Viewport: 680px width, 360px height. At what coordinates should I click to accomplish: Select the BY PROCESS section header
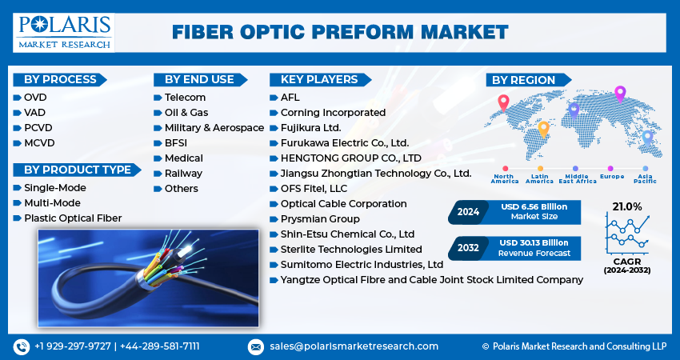coord(60,79)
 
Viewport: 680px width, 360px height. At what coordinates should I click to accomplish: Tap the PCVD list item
coord(39,127)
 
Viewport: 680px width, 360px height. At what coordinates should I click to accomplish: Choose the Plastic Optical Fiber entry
coord(73,218)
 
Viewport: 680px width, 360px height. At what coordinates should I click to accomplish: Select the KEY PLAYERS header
coord(314,79)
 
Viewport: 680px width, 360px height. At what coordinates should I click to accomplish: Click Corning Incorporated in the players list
coord(333,113)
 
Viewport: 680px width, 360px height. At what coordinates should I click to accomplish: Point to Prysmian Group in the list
coord(320,219)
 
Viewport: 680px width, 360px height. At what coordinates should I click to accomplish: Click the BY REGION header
coord(523,80)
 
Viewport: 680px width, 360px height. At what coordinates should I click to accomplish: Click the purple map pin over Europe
coord(619,94)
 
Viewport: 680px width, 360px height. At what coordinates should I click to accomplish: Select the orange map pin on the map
coord(543,128)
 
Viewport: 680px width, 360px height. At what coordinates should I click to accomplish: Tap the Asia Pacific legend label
coord(645,178)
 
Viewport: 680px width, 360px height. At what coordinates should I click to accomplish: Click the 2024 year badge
coord(469,212)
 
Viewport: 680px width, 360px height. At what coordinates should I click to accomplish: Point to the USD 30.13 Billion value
coord(534,242)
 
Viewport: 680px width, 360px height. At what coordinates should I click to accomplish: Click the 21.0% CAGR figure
coord(627,206)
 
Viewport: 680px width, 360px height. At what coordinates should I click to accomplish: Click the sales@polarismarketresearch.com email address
coord(353,346)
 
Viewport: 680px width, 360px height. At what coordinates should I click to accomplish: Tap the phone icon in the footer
coord(21,346)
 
